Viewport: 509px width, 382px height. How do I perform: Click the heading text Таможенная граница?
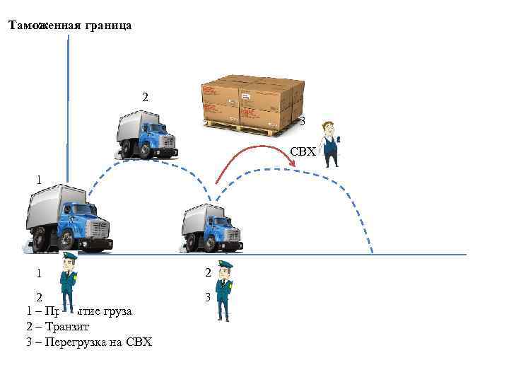(69, 25)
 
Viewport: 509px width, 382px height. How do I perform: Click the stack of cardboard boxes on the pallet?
(251, 100)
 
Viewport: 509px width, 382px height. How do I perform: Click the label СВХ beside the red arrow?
(302, 152)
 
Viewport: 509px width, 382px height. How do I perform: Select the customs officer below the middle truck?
(224, 290)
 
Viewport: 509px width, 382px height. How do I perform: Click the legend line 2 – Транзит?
(54, 327)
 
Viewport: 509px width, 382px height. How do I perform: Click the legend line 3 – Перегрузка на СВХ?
(88, 343)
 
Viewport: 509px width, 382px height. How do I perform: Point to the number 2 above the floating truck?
(146, 97)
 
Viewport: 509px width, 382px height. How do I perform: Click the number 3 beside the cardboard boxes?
(302, 122)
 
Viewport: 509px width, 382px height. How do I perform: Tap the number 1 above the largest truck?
(40, 180)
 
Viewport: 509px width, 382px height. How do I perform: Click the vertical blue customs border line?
(68, 106)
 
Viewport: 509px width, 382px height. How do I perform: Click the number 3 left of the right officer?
(208, 297)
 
